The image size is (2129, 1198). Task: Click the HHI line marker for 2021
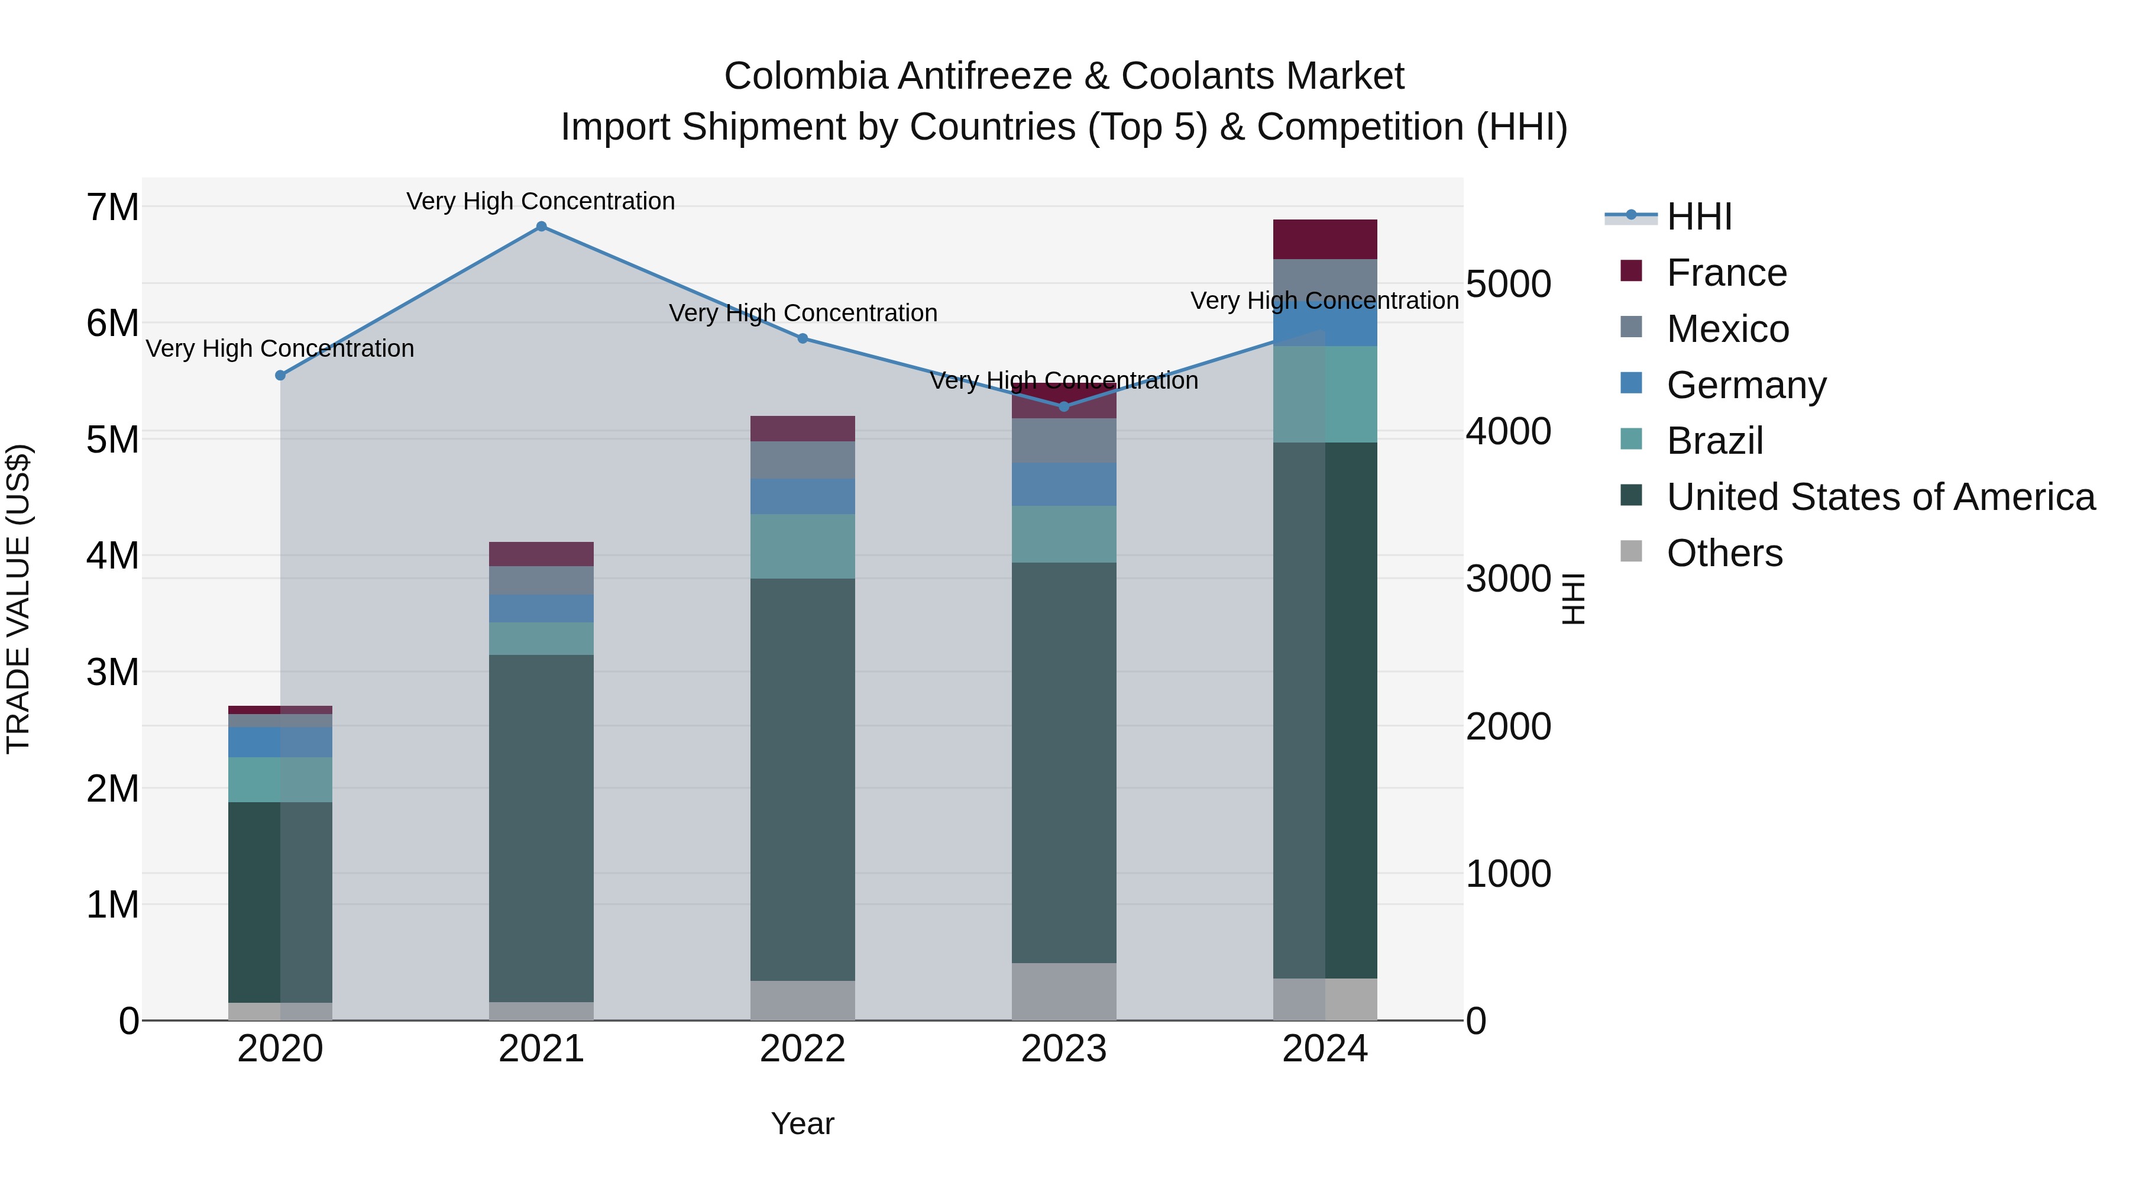click(x=541, y=227)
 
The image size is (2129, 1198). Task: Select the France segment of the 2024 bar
click(x=1325, y=240)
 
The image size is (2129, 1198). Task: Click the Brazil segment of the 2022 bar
click(x=803, y=547)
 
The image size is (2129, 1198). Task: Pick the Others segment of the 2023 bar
click(x=1064, y=992)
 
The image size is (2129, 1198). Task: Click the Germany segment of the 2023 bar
click(x=1064, y=485)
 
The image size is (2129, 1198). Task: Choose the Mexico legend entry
click(x=1727, y=329)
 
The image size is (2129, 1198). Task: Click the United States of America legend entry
click(x=1880, y=497)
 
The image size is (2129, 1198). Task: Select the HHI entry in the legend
click(x=1699, y=217)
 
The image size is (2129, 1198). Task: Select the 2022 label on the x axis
click(x=803, y=1049)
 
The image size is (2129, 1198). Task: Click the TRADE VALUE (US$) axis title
click(x=19, y=599)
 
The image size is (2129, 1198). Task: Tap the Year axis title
click(x=803, y=1123)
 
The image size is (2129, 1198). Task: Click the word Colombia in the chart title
click(x=806, y=76)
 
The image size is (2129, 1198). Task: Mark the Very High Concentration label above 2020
click(x=280, y=349)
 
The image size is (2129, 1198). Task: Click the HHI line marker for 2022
click(x=803, y=338)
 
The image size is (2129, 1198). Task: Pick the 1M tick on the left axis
click(x=113, y=905)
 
